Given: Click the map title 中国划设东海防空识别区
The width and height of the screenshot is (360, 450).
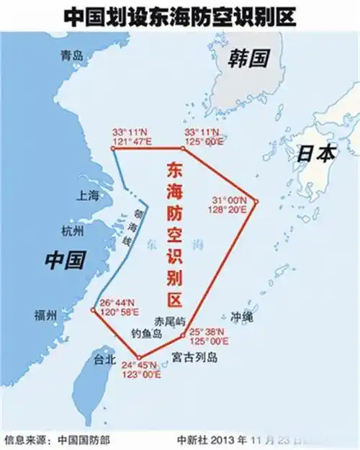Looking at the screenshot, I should (x=179, y=15).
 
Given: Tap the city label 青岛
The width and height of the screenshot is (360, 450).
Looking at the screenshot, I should (x=73, y=55).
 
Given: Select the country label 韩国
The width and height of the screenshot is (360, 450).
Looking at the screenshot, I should (x=248, y=57).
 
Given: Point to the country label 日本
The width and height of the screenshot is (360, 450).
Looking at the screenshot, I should (x=316, y=153).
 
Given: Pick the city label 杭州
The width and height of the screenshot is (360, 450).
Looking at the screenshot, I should (x=73, y=231).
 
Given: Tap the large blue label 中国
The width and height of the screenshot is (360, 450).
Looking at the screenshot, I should (x=65, y=259).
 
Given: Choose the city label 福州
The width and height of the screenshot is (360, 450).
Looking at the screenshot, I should (x=46, y=315).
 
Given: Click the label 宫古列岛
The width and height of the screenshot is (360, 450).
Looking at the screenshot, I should (x=195, y=358).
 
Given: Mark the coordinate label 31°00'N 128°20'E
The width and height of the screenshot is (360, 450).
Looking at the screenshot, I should (x=229, y=204).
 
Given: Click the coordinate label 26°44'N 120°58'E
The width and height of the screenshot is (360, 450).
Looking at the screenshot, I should (x=117, y=307).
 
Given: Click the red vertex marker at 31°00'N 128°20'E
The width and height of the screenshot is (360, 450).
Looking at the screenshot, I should (x=255, y=201).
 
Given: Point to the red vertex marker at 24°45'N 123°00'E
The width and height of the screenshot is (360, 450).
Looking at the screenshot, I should (x=139, y=358).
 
